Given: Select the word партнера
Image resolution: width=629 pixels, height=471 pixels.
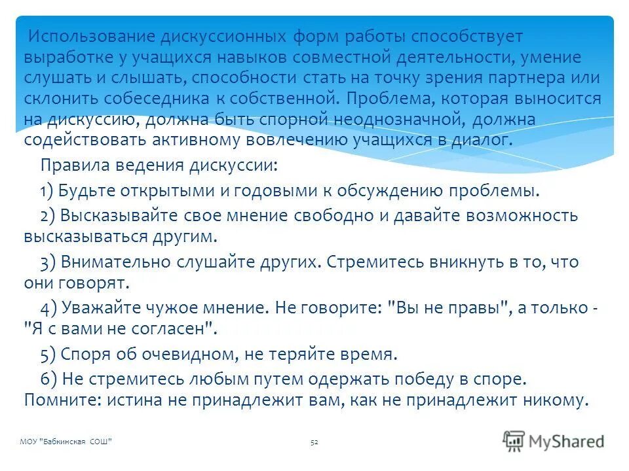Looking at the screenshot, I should pyautogui.click(x=527, y=77).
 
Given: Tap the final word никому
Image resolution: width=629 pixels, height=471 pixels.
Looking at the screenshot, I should pyautogui.click(x=549, y=399).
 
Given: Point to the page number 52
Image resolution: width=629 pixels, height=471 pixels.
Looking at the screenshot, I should pyautogui.click(x=314, y=442).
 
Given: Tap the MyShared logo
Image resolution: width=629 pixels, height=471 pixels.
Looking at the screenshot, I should pyautogui.click(x=554, y=440).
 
